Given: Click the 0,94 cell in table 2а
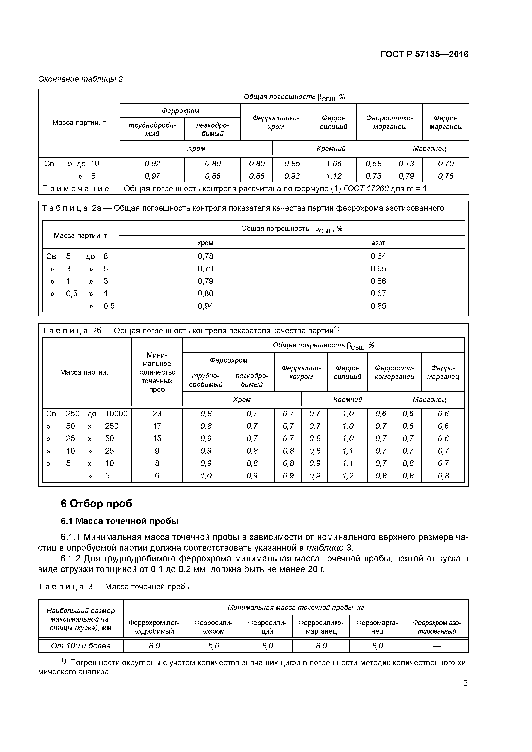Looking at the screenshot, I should tap(205, 306).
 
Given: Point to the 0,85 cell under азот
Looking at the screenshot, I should tap(378, 306).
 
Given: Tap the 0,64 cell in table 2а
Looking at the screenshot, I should tap(378, 256).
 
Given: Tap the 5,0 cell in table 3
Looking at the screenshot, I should tap(213, 645).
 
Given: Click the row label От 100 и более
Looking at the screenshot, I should tap(81, 645).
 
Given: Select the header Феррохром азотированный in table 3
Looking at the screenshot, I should tap(436, 627).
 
